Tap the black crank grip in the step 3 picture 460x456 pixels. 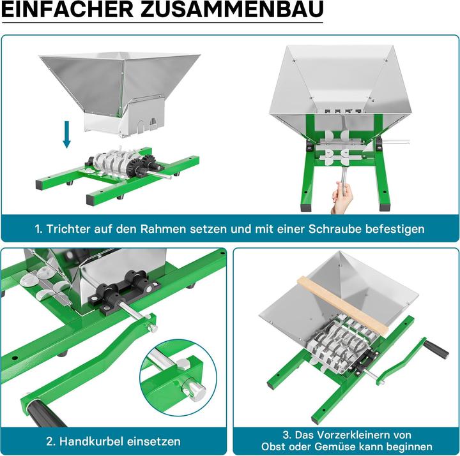coord(436,349)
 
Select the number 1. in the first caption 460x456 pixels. coord(40,228)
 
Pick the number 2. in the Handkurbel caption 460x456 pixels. coord(51,441)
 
